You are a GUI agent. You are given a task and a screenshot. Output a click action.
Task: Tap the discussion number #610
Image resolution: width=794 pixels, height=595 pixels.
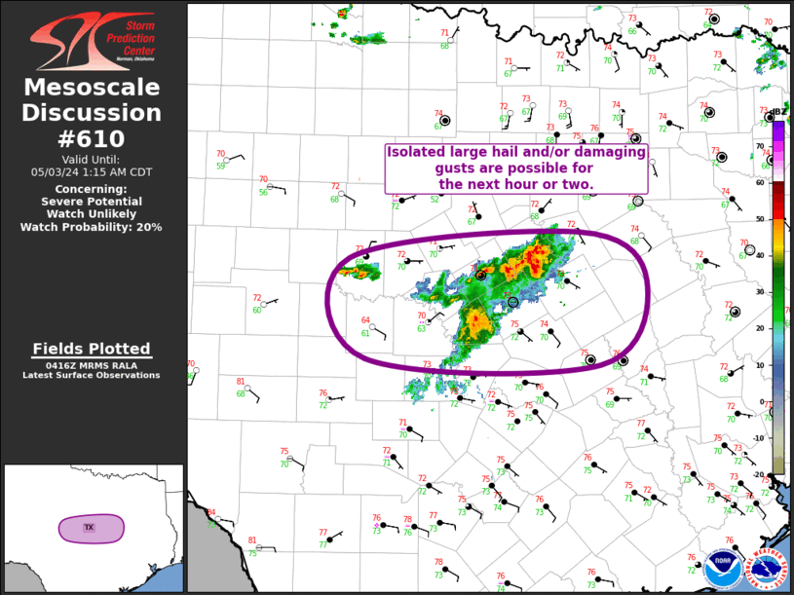click(93, 139)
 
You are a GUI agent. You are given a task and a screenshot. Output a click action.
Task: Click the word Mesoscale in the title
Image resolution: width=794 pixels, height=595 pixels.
click(93, 89)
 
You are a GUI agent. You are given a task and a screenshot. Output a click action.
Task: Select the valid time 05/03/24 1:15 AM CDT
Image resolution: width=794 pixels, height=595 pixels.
click(93, 171)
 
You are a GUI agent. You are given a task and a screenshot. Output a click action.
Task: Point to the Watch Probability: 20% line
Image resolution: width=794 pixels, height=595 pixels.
click(93, 227)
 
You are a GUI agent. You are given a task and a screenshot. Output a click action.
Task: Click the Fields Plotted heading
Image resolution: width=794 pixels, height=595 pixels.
click(93, 349)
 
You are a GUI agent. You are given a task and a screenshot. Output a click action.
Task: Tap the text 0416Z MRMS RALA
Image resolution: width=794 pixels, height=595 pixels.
click(93, 365)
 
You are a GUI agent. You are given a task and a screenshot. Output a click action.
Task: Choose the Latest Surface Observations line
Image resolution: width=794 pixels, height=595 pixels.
click(93, 375)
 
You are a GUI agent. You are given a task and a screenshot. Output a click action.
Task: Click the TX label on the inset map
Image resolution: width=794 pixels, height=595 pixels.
click(89, 528)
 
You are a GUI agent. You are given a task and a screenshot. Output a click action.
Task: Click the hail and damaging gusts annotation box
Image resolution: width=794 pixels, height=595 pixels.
click(516, 167)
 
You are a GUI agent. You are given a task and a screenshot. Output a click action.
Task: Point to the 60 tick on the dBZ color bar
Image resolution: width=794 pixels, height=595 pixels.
click(761, 182)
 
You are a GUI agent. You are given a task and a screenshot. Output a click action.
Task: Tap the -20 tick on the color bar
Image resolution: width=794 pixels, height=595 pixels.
click(759, 474)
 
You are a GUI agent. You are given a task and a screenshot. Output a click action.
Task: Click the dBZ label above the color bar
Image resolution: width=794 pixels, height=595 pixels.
click(779, 112)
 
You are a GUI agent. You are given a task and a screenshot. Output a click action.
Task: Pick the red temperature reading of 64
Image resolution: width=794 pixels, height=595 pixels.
click(365, 320)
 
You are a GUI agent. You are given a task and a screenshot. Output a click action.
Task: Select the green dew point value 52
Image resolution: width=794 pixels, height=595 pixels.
click(435, 200)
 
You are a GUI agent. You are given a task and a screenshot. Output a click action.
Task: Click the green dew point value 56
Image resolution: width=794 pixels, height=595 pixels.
click(263, 193)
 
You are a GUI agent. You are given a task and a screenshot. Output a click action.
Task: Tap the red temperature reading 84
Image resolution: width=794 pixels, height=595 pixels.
click(211, 512)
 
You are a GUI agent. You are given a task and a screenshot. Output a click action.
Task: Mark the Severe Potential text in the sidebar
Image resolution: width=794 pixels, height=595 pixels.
click(93, 201)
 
